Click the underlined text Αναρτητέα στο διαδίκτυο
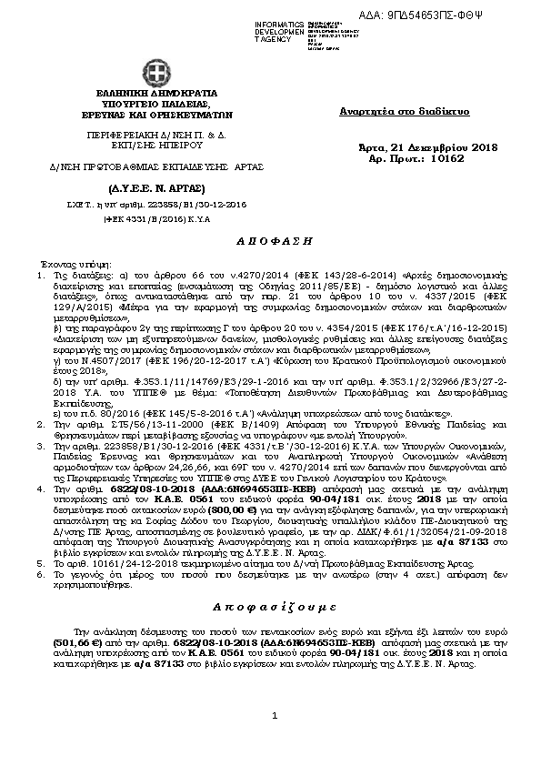[404, 111]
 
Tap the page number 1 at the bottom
[274, 741]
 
